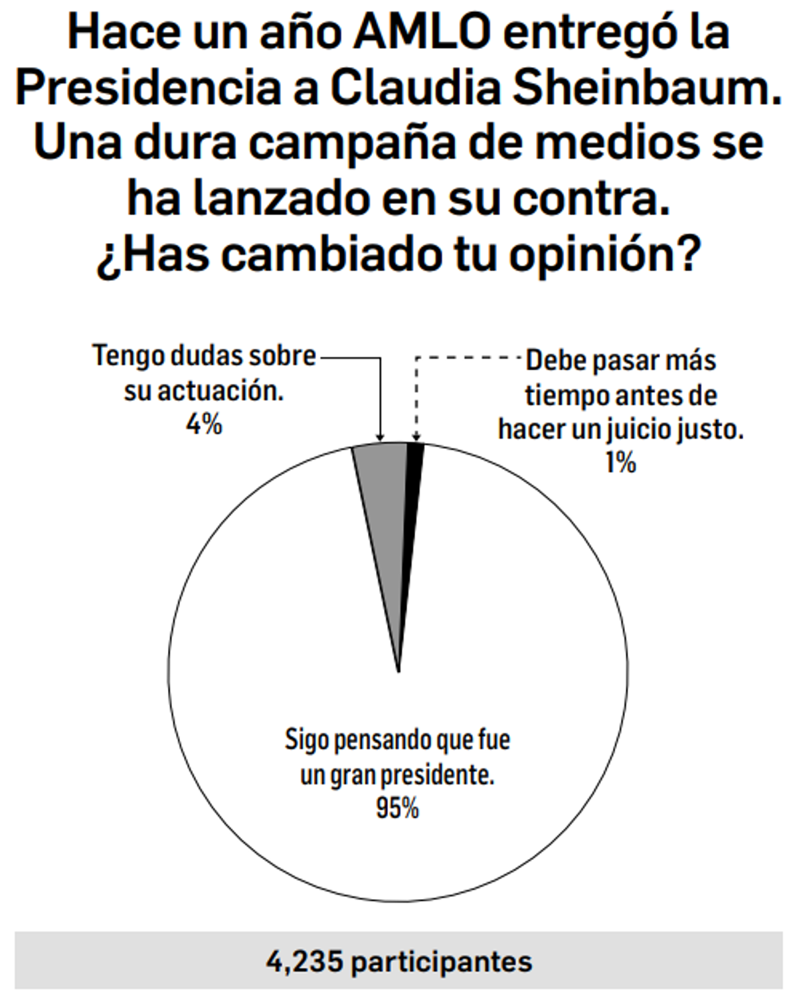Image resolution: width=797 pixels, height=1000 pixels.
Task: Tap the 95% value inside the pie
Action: coord(397,809)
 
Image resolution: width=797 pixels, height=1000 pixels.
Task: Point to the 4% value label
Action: coord(204,424)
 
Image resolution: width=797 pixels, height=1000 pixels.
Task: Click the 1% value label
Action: coord(620,463)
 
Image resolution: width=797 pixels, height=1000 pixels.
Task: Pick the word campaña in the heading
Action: coord(353,143)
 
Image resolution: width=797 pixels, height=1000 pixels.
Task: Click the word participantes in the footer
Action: coord(442,961)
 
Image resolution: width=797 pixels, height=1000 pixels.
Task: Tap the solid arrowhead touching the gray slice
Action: coord(380,436)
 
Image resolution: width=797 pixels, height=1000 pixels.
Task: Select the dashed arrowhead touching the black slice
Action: coord(416,436)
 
